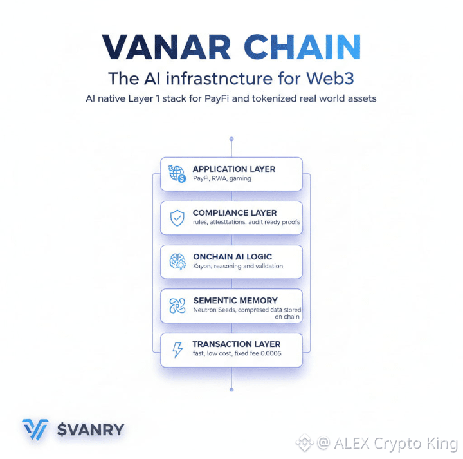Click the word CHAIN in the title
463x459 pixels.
(x=299, y=47)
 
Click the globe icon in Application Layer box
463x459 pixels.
(x=177, y=173)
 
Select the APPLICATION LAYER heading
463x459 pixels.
(x=234, y=169)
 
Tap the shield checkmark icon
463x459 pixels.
(x=177, y=218)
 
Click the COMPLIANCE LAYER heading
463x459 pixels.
(x=235, y=212)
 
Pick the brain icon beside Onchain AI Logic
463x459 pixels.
(x=177, y=261)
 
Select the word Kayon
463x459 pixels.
(x=204, y=266)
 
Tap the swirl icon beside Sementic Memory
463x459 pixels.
(x=177, y=305)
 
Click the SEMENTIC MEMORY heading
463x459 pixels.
(x=235, y=300)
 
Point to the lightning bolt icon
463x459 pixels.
(x=177, y=350)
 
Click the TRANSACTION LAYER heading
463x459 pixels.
(x=237, y=344)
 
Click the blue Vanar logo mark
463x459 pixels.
(x=35, y=429)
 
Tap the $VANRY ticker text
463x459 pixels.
(x=91, y=429)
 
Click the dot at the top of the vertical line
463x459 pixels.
(x=232, y=138)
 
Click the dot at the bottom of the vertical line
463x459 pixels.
(x=232, y=389)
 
